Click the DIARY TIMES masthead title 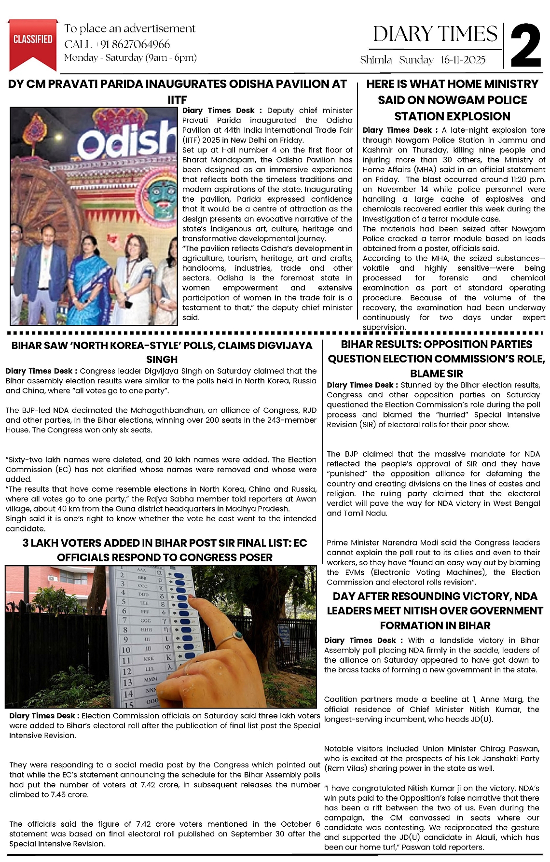[x=435, y=34]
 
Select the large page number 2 [x=525, y=46]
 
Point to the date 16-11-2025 [x=463, y=60]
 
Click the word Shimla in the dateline [x=376, y=60]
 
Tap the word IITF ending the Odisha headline [x=177, y=100]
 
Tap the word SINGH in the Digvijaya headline [x=162, y=360]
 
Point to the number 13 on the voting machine [x=127, y=682]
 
